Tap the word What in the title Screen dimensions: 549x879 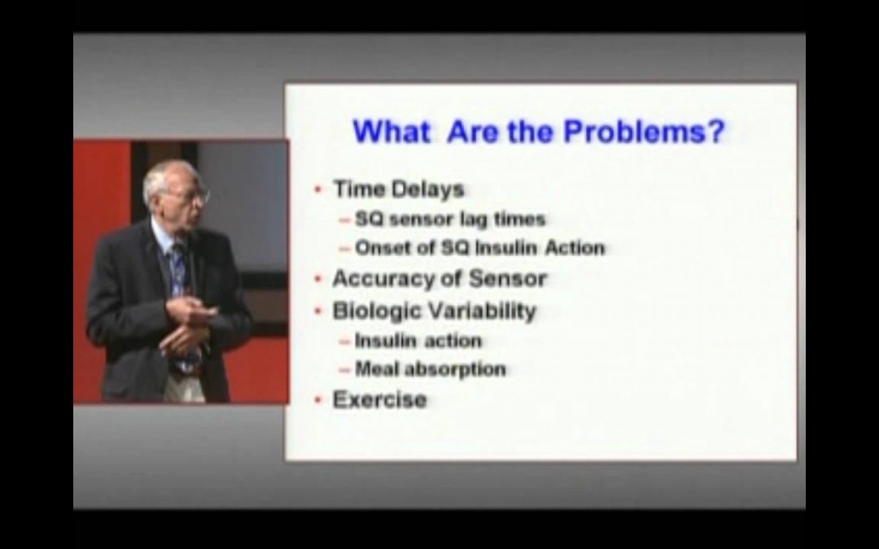[391, 131]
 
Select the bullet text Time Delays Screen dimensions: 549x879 [398, 190]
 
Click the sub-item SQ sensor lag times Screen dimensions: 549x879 [450, 219]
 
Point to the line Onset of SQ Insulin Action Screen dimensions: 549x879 [479, 247]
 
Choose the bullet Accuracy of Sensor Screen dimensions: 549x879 [439, 278]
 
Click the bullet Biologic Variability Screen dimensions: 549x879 [434, 311]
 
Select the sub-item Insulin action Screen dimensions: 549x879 [418, 340]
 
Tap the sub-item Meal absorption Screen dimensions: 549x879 [430, 369]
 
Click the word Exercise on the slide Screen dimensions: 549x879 [379, 399]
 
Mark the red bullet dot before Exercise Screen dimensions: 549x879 [317, 400]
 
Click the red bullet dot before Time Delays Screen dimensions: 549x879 [317, 190]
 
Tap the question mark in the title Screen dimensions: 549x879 [715, 131]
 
